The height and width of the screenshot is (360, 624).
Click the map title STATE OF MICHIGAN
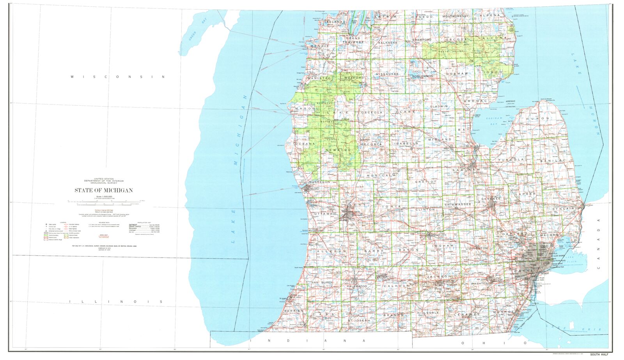(104, 190)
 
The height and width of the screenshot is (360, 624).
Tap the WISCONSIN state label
(118, 77)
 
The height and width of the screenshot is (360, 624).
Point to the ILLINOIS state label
(116, 301)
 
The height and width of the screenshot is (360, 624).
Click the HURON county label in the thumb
(538, 118)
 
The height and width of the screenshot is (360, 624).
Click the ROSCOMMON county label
(422, 76)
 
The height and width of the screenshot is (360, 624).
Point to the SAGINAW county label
(466, 170)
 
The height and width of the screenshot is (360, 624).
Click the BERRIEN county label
(294, 310)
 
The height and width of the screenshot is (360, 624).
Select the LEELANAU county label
(330, 22)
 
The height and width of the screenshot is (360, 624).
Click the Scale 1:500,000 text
(104, 197)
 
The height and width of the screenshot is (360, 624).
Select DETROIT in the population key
(134, 225)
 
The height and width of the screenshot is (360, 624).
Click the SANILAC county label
(553, 160)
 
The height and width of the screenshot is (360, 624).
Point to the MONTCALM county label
(381, 176)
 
